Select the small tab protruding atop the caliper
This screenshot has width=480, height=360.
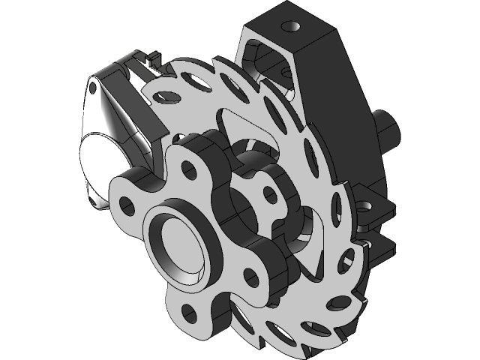[x=154, y=56]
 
